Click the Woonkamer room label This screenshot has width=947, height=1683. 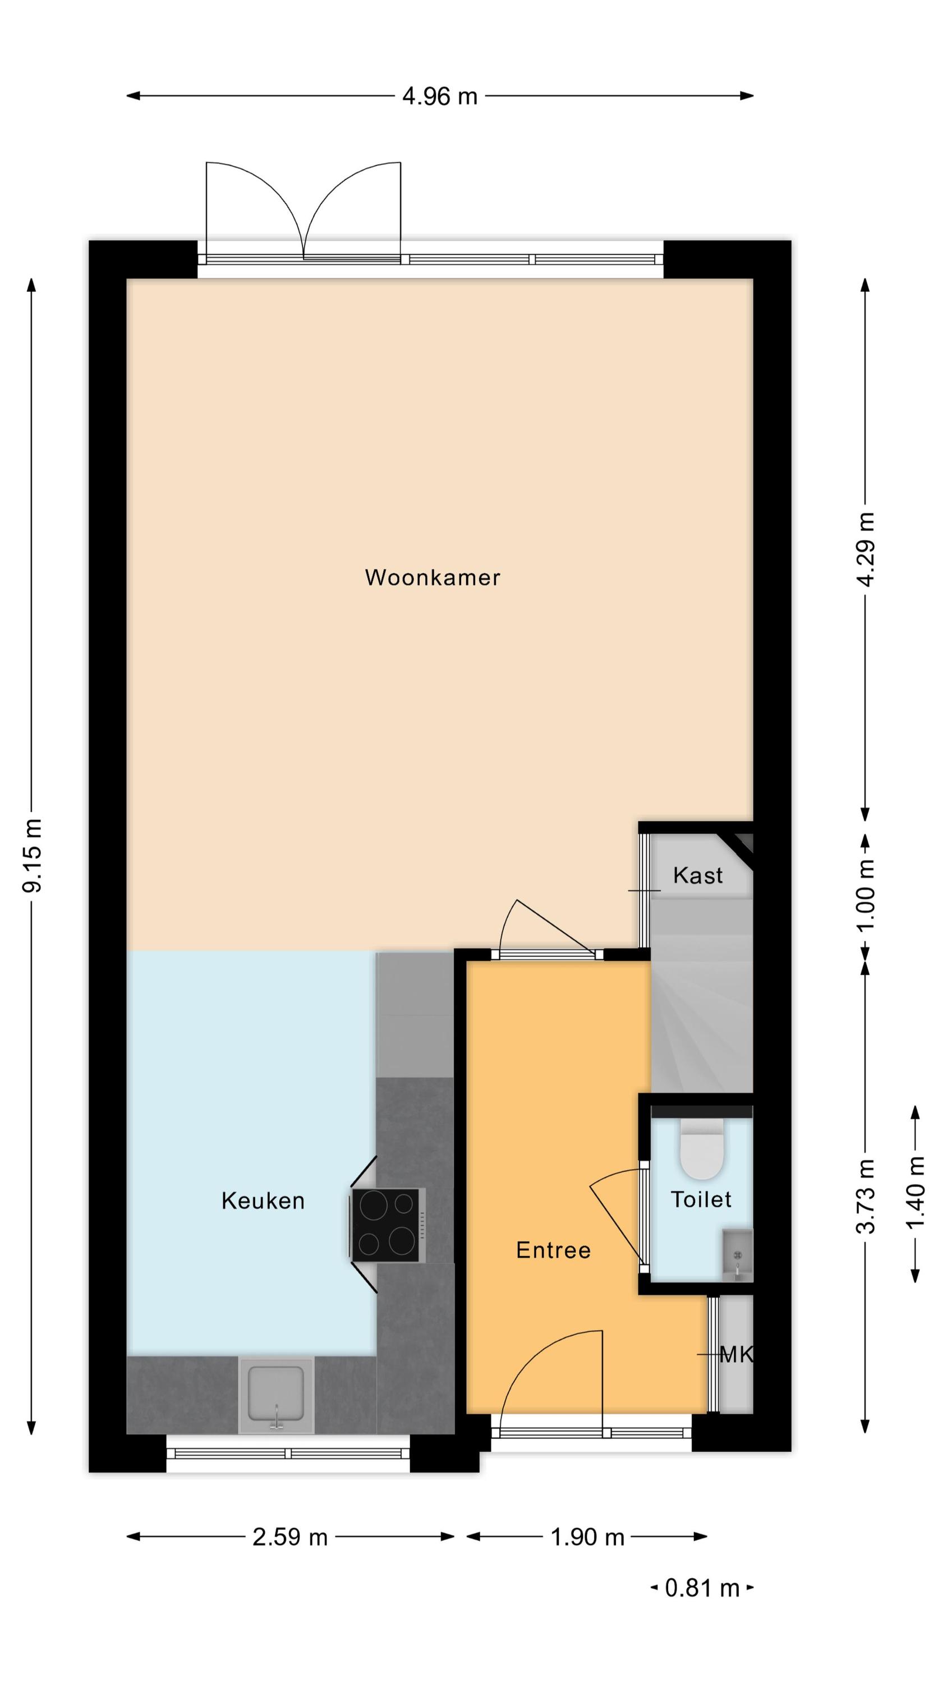coord(432,578)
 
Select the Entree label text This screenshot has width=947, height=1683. coord(553,1250)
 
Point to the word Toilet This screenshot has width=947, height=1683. coord(701,1199)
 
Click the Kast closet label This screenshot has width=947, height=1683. coord(697,876)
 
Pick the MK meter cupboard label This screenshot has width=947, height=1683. coord(736,1354)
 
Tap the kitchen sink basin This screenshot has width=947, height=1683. coord(277,1396)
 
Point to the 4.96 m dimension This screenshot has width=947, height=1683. coord(440,96)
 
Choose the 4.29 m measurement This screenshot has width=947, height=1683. coord(865,549)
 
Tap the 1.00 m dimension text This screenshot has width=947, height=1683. coord(865,895)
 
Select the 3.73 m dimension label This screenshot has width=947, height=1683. coord(865,1195)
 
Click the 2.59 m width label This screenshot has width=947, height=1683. coord(289,1537)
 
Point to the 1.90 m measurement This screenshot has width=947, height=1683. coord(587,1537)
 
